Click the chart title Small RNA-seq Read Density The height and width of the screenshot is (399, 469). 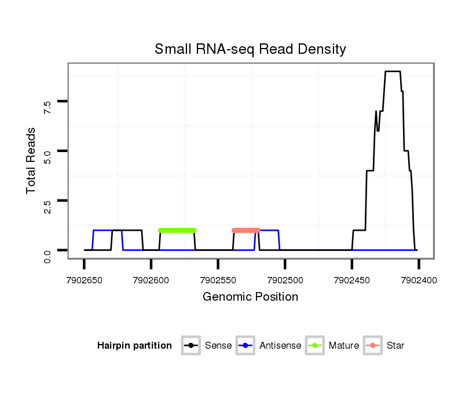point(250,49)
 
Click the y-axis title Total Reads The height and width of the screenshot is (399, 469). point(31,160)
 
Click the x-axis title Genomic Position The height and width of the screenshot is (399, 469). point(250,297)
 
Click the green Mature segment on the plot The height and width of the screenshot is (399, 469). point(177,230)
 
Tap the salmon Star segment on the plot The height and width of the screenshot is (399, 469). point(246,230)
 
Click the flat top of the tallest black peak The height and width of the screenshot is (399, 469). point(393,72)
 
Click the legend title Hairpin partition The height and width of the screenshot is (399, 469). point(134,346)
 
